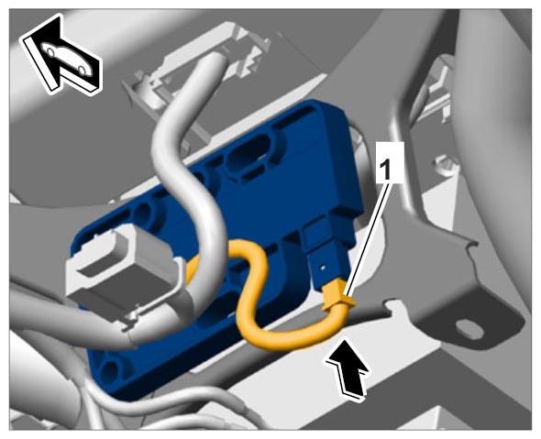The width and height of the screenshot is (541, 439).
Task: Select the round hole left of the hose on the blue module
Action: pyautogui.click(x=144, y=212)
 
